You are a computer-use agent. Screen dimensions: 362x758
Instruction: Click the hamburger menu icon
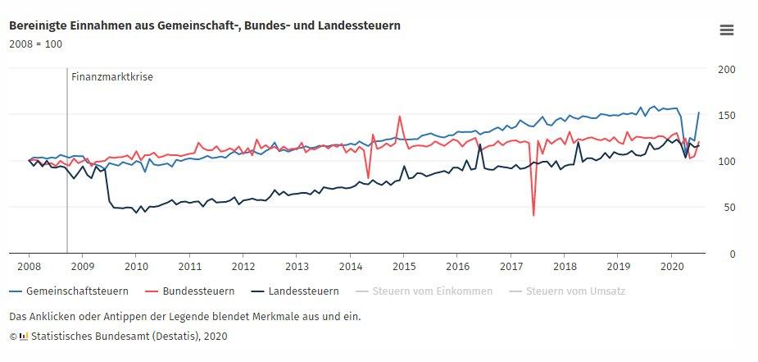point(726,30)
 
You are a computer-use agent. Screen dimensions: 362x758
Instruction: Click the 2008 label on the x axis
point(30,266)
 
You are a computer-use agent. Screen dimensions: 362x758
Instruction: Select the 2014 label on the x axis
point(350,266)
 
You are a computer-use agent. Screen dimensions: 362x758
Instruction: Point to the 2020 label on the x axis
point(671,266)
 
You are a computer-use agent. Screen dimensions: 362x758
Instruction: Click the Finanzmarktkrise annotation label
point(112,77)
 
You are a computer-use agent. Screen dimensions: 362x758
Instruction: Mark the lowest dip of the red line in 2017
point(533,215)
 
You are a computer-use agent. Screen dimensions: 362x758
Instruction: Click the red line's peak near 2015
point(400,117)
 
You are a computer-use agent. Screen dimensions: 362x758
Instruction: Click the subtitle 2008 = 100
point(35,44)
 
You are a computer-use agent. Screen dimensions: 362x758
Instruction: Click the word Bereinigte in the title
point(38,25)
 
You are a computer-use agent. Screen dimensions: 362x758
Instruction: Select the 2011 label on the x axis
point(189,266)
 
